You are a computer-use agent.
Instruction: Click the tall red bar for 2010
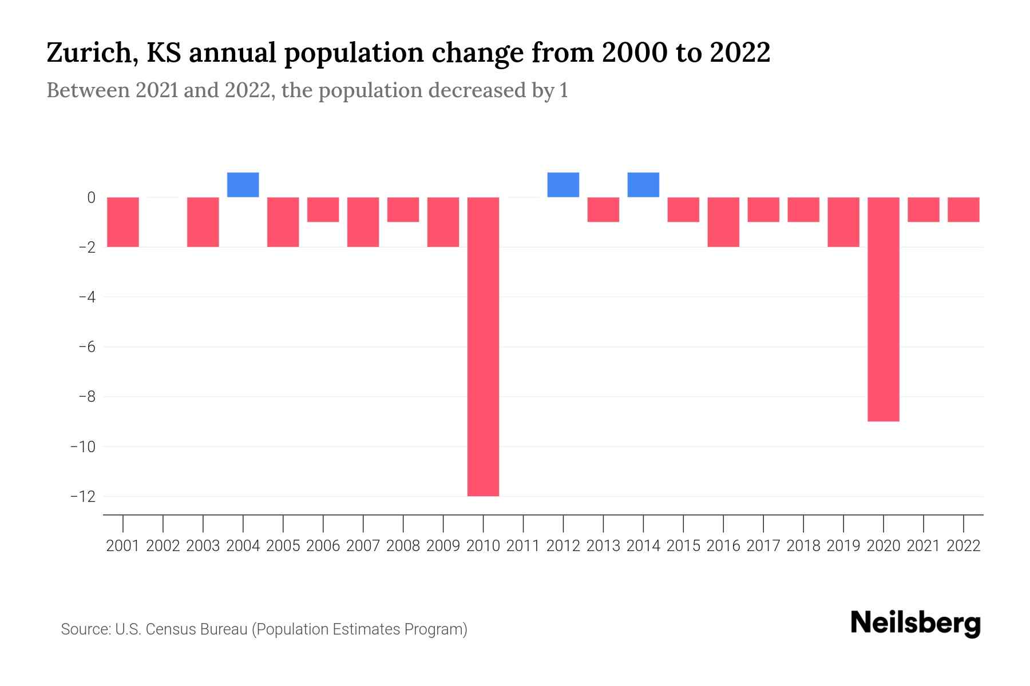click(483, 346)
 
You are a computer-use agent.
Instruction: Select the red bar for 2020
click(884, 309)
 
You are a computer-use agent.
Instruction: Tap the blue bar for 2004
click(243, 185)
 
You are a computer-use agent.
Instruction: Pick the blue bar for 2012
click(563, 185)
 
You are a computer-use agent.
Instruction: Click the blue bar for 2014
click(643, 185)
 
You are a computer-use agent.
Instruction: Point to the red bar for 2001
click(123, 222)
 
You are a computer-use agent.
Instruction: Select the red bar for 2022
click(964, 210)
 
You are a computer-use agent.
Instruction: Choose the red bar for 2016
click(723, 222)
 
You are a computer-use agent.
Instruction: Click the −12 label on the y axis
click(83, 496)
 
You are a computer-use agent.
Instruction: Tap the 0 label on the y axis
click(91, 198)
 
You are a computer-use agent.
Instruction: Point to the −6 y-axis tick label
click(83, 347)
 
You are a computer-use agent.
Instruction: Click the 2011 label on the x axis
click(523, 546)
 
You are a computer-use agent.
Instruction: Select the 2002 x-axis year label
click(163, 546)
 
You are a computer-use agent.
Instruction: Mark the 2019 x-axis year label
click(843, 546)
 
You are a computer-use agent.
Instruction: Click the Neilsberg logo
click(916, 623)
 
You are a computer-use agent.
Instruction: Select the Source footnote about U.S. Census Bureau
click(264, 629)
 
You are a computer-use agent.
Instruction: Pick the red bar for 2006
click(323, 210)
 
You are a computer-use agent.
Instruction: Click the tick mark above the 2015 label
click(683, 523)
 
